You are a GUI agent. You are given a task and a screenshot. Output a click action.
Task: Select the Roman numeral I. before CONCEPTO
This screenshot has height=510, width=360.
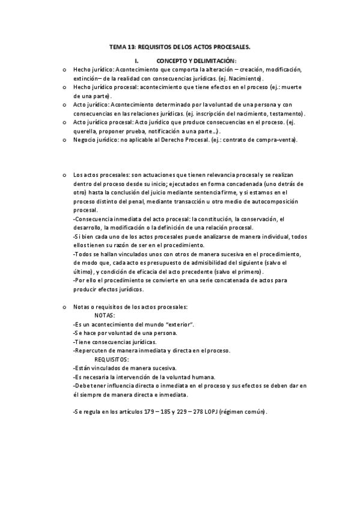click(x=137, y=61)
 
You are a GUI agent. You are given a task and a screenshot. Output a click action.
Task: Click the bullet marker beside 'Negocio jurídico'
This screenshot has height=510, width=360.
click(x=64, y=140)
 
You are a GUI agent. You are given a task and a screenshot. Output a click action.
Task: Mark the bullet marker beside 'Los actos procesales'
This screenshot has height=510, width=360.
click(x=64, y=174)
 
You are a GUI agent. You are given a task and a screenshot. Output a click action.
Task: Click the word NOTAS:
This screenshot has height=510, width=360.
click(x=106, y=315)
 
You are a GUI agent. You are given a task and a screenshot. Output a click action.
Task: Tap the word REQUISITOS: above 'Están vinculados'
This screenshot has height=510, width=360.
click(x=112, y=359)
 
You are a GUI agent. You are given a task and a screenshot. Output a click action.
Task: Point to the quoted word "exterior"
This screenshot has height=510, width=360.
click(x=182, y=324)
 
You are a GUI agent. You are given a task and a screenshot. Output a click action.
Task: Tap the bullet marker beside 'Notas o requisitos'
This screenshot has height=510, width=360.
click(x=64, y=307)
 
